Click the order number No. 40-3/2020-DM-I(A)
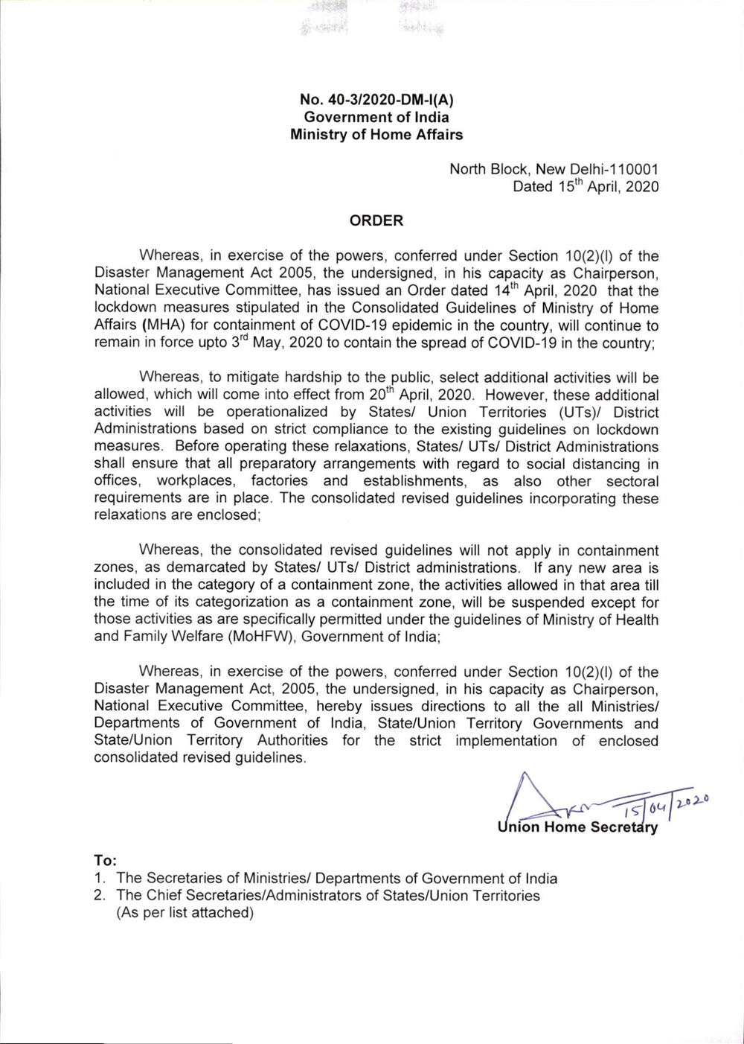pos(376,100)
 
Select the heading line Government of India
pos(376,117)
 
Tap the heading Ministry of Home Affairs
pos(376,135)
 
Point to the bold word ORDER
pos(376,220)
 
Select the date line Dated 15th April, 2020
pos(586,187)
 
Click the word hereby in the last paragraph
pos(339,706)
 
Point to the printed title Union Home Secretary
pos(577,827)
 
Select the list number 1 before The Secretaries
pos(98,879)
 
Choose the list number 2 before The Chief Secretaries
pos(98,896)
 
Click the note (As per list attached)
pos(185,913)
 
